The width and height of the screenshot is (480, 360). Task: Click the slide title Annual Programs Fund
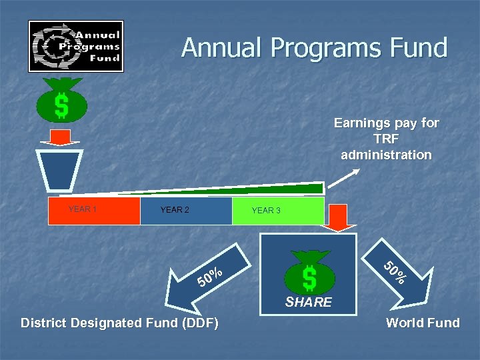pos(314,48)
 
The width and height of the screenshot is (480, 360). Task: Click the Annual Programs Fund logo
pos(75,46)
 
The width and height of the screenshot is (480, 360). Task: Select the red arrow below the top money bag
pos(60,137)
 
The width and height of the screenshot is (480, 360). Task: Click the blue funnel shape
pos(60,171)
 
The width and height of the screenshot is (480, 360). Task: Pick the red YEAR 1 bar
pos(94,210)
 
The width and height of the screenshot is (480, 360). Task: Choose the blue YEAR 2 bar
pos(186,210)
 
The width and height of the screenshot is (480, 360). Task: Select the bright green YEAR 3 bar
pos(278,211)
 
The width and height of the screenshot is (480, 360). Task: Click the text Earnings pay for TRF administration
pos(386,139)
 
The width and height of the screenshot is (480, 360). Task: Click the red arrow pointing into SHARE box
pos(343,217)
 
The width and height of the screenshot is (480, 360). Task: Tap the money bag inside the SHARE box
pos(309,271)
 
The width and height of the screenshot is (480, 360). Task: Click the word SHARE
pos(309,303)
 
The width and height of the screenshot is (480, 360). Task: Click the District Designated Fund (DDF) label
pos(119,323)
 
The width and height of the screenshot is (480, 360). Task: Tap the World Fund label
pos(423,323)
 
